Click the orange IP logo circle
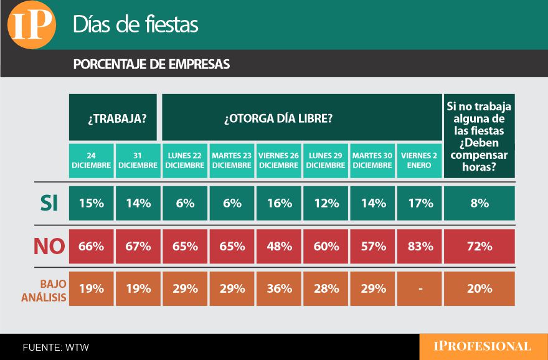(32, 26)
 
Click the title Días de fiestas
(135, 24)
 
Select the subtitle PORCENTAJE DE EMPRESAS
(151, 64)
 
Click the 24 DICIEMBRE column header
(92, 161)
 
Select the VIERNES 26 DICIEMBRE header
(278, 161)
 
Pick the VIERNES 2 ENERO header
(420, 161)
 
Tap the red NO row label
(49, 246)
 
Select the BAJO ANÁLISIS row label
(44, 289)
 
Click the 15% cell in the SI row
(92, 203)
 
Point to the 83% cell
(420, 246)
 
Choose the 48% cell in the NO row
(278, 246)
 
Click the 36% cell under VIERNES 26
(278, 288)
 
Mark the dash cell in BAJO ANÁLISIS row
(420, 288)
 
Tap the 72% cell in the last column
(479, 246)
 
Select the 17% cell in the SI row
(420, 203)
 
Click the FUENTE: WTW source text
(56, 347)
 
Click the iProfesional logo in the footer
(483, 346)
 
